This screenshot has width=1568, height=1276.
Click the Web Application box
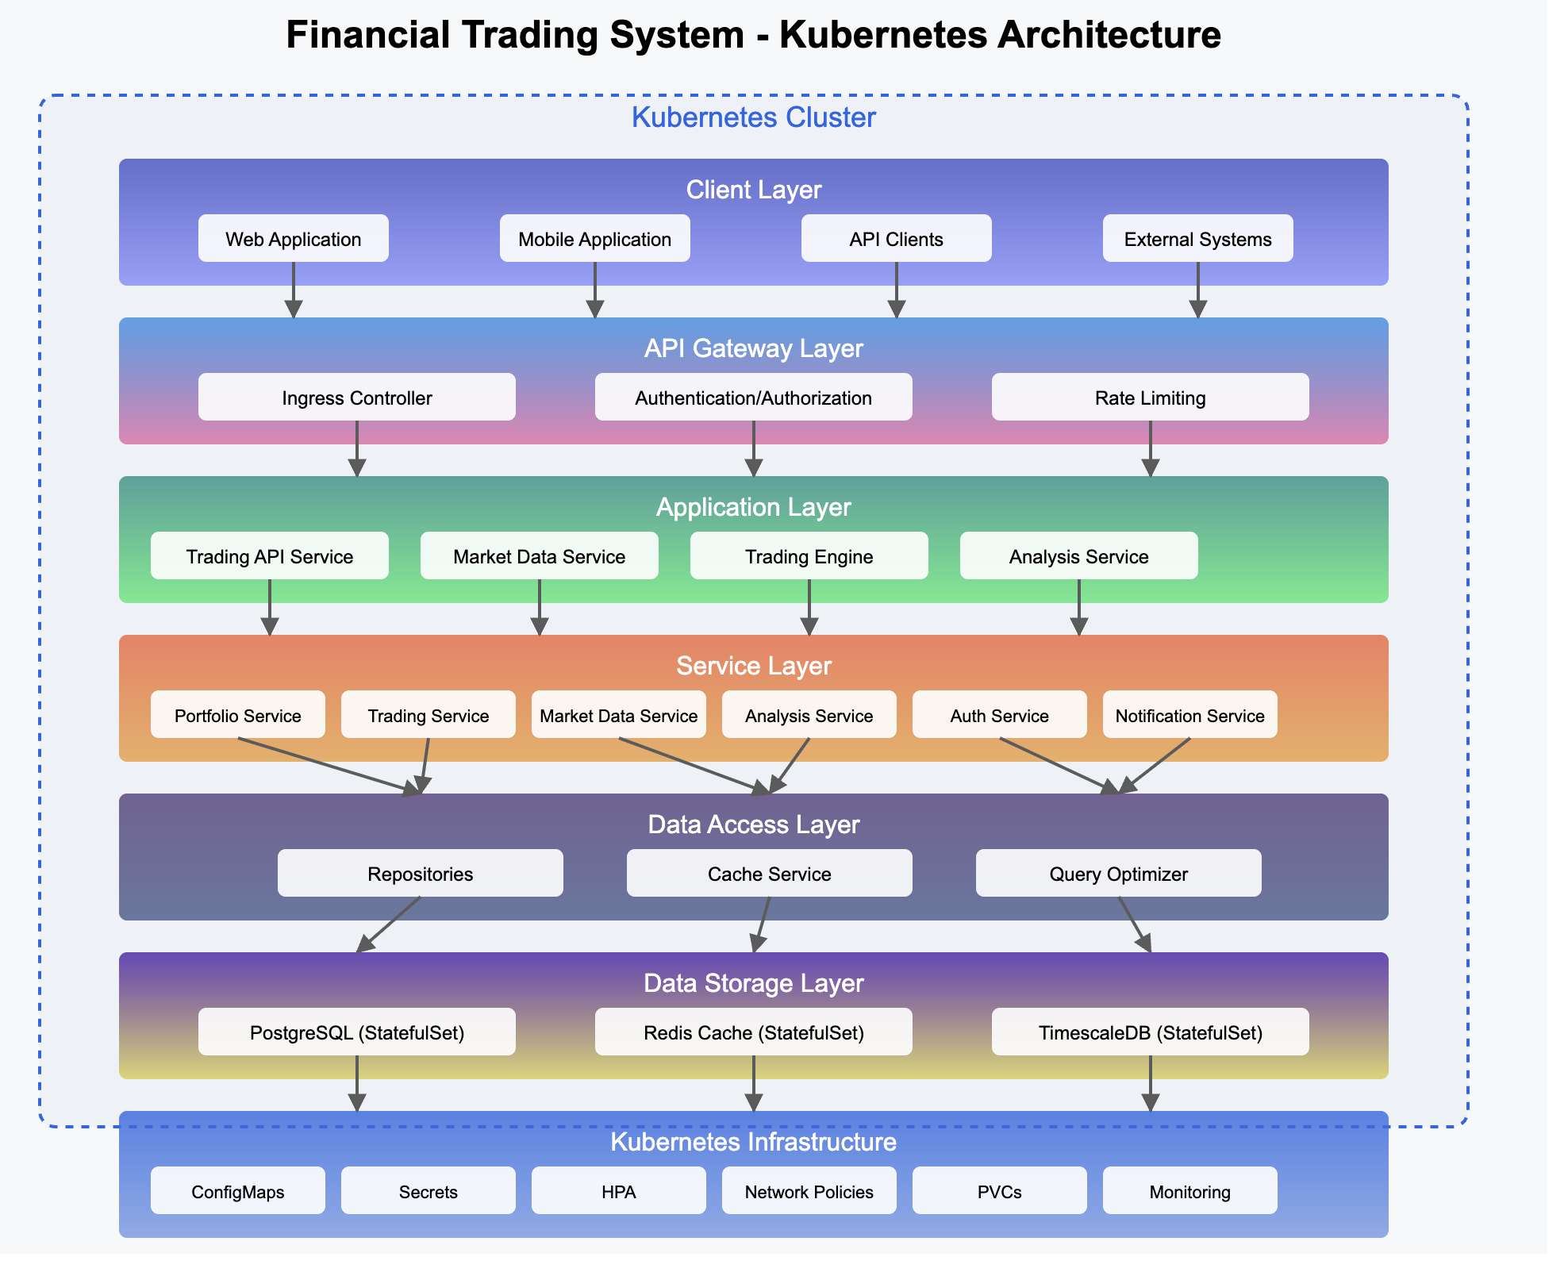(293, 238)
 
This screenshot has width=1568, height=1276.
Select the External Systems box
(1197, 238)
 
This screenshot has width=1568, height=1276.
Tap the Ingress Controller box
(356, 397)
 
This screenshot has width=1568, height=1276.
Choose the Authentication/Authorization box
(753, 397)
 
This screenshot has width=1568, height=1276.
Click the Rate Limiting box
(1150, 397)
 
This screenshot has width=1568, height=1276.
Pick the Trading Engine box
(809, 555)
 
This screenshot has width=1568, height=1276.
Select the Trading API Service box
(269, 555)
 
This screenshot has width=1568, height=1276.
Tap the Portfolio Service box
(237, 714)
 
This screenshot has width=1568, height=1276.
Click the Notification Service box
(1189, 714)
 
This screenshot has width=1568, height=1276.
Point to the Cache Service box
(769, 873)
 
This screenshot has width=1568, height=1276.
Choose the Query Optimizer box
(1118, 873)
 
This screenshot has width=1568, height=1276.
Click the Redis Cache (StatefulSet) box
(753, 1032)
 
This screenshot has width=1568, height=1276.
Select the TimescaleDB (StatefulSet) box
(1150, 1032)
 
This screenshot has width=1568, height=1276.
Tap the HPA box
(618, 1190)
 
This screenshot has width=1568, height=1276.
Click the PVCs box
(999, 1190)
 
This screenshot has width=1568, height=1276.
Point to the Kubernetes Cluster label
(753, 117)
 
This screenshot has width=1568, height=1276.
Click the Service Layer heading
(753, 665)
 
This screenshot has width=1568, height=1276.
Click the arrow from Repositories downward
(389, 924)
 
